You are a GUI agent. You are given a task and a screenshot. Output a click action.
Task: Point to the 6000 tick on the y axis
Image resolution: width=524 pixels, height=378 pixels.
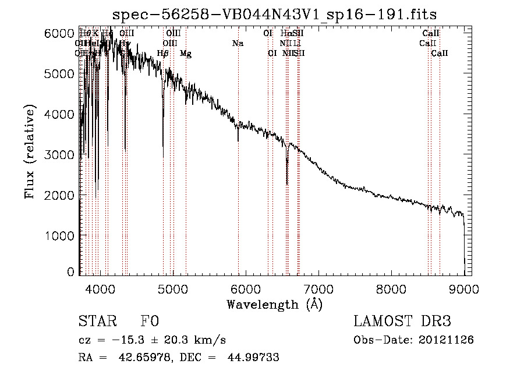click(x=61, y=33)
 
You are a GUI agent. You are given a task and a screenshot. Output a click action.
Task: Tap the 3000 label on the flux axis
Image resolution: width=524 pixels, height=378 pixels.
click(x=61, y=154)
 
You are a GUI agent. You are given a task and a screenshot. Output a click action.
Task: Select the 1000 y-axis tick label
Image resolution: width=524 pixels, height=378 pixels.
click(x=61, y=235)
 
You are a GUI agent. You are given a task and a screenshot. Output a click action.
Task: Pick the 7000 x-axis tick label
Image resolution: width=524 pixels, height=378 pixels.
click(x=318, y=288)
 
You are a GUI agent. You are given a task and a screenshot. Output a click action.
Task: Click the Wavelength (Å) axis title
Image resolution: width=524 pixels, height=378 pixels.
click(x=274, y=304)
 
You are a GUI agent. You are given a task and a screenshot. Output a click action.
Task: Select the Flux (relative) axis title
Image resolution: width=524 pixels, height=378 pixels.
click(x=30, y=151)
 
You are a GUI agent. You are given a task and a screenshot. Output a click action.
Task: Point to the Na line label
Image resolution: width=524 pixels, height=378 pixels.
click(x=238, y=43)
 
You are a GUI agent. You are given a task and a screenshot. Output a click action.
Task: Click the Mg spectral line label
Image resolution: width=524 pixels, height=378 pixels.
click(x=186, y=54)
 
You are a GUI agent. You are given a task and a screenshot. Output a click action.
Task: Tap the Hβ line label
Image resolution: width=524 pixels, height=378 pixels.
click(x=163, y=54)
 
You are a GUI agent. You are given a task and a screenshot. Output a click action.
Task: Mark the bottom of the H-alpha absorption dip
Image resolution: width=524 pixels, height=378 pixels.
click(x=287, y=184)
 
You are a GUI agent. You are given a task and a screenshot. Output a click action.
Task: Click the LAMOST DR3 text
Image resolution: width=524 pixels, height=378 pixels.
click(x=402, y=322)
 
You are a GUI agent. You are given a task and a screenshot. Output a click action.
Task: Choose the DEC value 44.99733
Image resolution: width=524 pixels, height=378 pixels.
click(x=255, y=358)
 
